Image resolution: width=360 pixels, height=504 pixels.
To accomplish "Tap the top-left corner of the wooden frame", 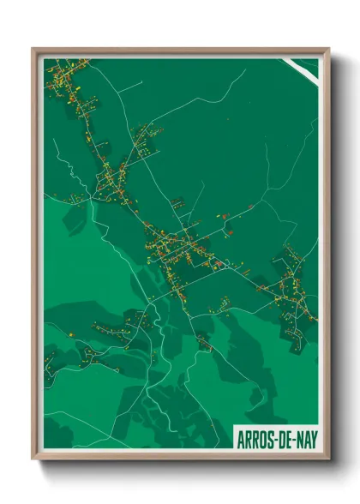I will click(33, 50).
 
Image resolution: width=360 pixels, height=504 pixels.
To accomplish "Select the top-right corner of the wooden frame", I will click(327, 50).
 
